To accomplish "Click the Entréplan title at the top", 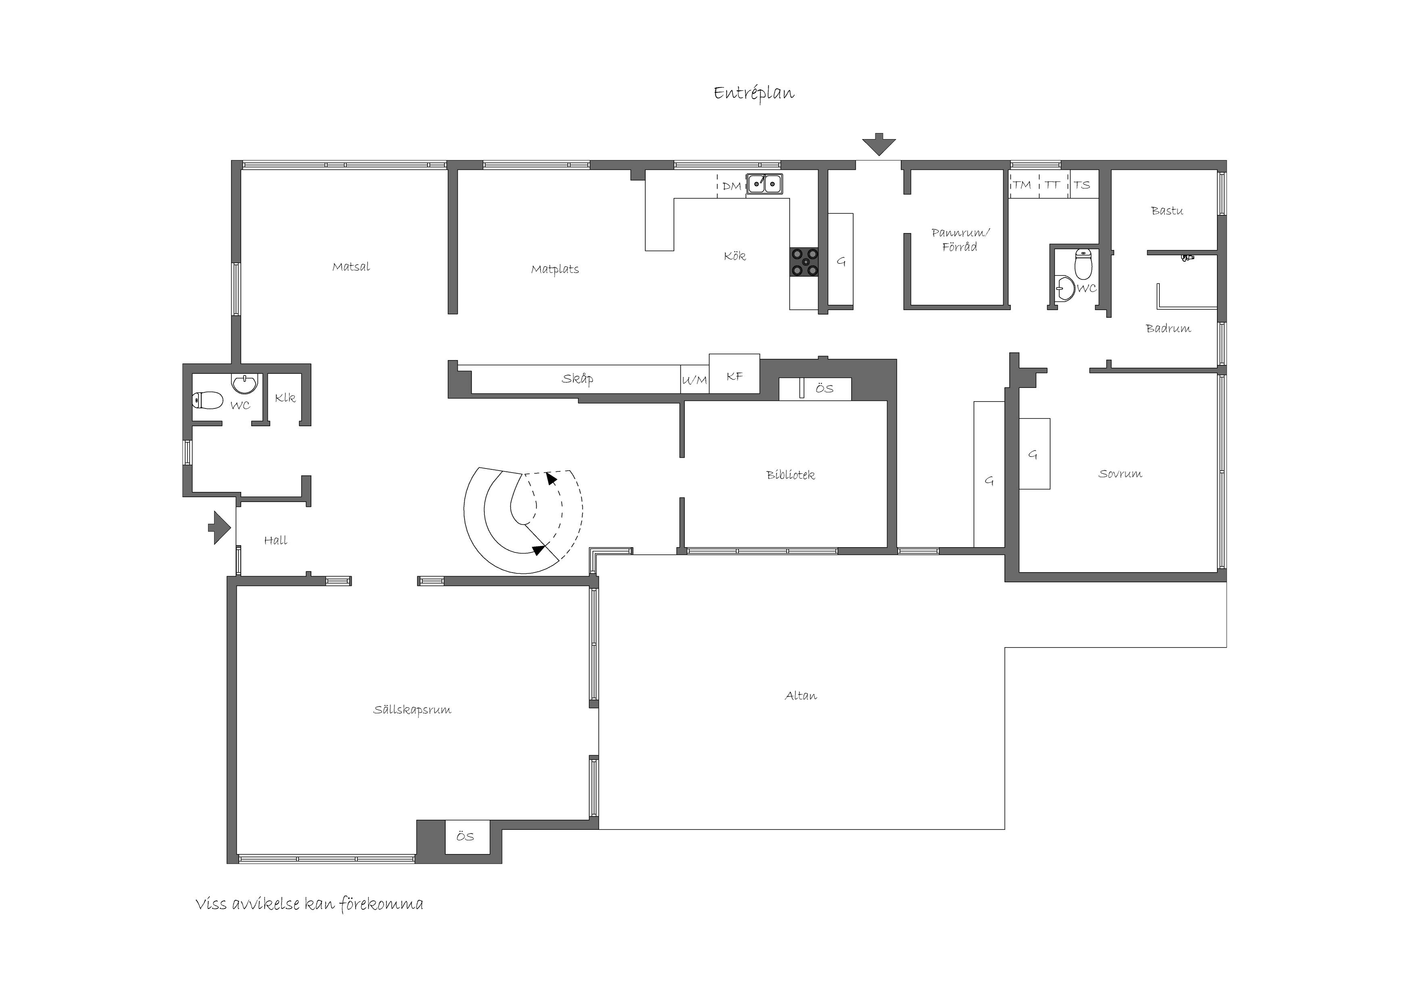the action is coord(754,93).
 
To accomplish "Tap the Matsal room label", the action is coord(351,267).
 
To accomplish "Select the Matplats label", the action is coord(555,269).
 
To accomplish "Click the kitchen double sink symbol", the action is coord(764,183).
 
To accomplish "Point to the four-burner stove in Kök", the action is coord(805,262).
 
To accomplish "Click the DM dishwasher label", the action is coord(732,186).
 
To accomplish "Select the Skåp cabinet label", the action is coord(578,379).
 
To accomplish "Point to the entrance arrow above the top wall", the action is coord(878,144).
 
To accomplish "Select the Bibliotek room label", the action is coord(790,475).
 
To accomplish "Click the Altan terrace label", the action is coord(801,696).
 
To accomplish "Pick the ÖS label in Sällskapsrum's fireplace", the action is coord(465,836).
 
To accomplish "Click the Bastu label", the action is coord(1167,211).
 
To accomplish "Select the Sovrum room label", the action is coord(1120,474).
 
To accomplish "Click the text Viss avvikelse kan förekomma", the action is coord(309,904).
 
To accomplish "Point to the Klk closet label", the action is coord(285,398).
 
